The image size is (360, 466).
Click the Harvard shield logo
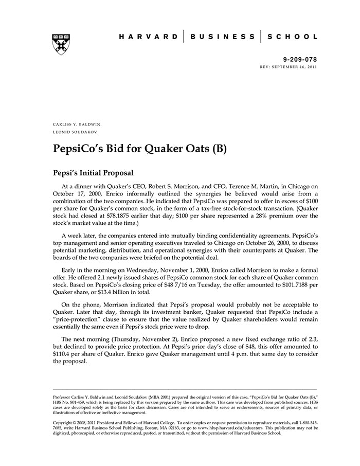point(61,44)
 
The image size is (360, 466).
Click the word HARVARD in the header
point(148,37)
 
